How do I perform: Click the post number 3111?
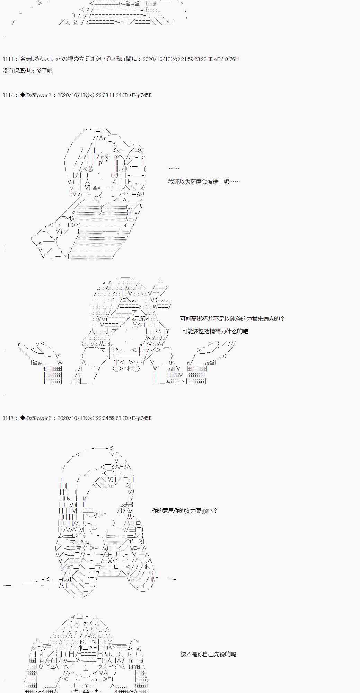(x=8, y=59)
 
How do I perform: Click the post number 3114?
(x=8, y=95)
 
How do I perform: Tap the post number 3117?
(x=8, y=418)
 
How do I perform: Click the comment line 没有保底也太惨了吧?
(x=27, y=71)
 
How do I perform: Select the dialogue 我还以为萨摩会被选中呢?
(x=204, y=181)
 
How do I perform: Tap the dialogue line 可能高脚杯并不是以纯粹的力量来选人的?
(x=232, y=318)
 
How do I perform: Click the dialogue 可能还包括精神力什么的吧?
(x=215, y=331)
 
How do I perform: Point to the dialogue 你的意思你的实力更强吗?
(x=185, y=511)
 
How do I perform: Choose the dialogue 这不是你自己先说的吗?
(x=208, y=654)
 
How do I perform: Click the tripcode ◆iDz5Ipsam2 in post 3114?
(x=36, y=95)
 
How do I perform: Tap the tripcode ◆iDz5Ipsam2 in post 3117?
(x=36, y=418)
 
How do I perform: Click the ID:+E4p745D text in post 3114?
(x=138, y=95)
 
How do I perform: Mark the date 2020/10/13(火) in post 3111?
(x=161, y=59)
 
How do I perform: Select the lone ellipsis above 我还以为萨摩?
(x=174, y=169)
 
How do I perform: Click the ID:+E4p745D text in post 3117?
(x=138, y=418)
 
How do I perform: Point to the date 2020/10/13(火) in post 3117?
(x=76, y=418)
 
